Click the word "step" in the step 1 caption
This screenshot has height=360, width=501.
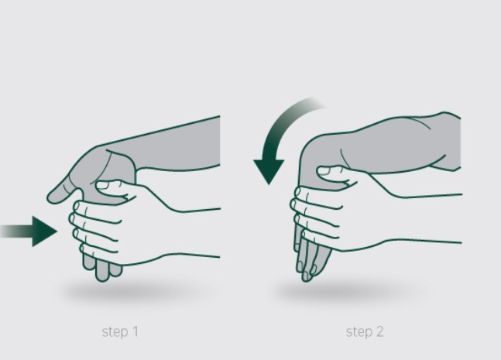click(x=115, y=332)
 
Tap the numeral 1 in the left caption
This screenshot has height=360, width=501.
click(x=136, y=331)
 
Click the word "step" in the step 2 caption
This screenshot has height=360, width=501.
click(x=359, y=332)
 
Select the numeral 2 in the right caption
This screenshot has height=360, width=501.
click(x=379, y=331)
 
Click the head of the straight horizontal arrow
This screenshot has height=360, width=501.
click(x=44, y=231)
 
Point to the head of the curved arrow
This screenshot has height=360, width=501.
click(x=269, y=170)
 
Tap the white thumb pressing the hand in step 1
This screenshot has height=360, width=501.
click(x=112, y=188)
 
